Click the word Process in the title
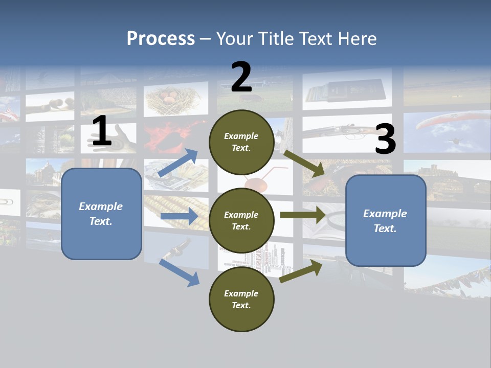pyautogui.click(x=161, y=39)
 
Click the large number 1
pyautogui.click(x=102, y=131)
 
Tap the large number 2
pyautogui.click(x=241, y=77)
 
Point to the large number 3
pyautogui.click(x=385, y=140)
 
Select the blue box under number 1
pyautogui.click(x=101, y=214)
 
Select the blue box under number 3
pyautogui.click(x=386, y=221)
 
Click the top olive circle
pyautogui.click(x=242, y=142)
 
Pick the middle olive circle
pyautogui.click(x=242, y=221)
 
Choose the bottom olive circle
pyautogui.click(x=242, y=300)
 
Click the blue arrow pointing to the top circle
pyautogui.click(x=178, y=163)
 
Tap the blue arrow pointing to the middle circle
pyautogui.click(x=179, y=216)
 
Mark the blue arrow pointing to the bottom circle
pyautogui.click(x=179, y=272)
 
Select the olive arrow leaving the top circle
pyautogui.click(x=304, y=163)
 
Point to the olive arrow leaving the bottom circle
pyautogui.click(x=301, y=271)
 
